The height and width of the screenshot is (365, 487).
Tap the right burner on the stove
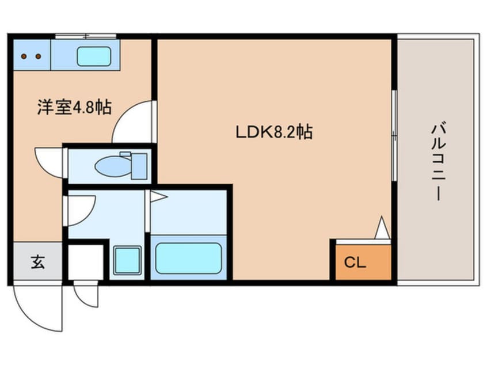pyautogui.click(x=38, y=56)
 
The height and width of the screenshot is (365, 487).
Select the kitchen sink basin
pyautogui.click(x=94, y=56)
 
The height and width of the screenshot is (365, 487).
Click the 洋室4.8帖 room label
pyautogui.click(x=74, y=107)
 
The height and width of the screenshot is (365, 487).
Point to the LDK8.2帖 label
pyautogui.click(x=274, y=132)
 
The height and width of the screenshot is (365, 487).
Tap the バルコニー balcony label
pyautogui.click(x=438, y=162)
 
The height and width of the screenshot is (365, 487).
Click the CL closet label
pyautogui.click(x=355, y=263)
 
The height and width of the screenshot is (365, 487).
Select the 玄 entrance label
pyautogui.click(x=38, y=262)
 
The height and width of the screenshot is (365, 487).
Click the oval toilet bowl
pyautogui.click(x=113, y=166)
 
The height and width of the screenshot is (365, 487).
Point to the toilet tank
pyautogui.click(x=139, y=166)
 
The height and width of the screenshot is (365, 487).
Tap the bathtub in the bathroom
pyautogui.click(x=189, y=258)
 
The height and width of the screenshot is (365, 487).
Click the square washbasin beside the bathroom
pyautogui.click(x=127, y=260)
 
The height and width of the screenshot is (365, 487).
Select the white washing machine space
pyautogui.click(x=86, y=263)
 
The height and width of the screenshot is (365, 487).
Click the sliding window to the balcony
pyautogui.click(x=394, y=135)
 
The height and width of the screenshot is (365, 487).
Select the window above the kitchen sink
pyautogui.click(x=86, y=36)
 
